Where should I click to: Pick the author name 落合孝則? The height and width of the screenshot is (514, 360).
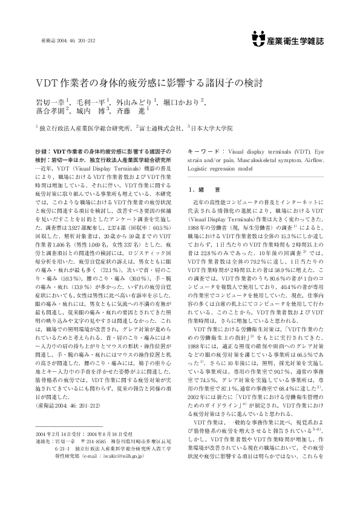coord(50,111)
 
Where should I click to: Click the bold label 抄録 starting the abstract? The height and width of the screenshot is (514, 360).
coord(41,148)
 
